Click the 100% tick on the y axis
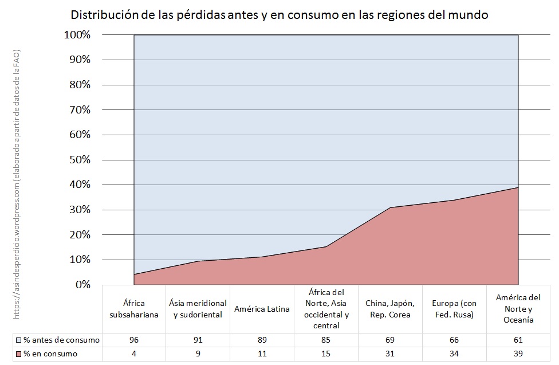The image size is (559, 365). click(x=76, y=35)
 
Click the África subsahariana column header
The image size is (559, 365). click(x=134, y=308)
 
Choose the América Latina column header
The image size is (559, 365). click(x=262, y=309)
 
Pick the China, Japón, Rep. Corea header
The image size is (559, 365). click(x=390, y=308)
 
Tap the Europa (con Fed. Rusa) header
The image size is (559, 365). click(x=454, y=308)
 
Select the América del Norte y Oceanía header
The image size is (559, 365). click(x=518, y=308)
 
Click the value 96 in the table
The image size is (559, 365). click(x=134, y=340)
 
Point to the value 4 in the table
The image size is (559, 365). click(x=134, y=354)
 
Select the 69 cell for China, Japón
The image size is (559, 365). click(x=390, y=340)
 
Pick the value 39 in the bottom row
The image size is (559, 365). click(x=518, y=354)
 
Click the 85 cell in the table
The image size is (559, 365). click(x=326, y=340)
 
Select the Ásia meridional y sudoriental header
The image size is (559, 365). click(x=198, y=308)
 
